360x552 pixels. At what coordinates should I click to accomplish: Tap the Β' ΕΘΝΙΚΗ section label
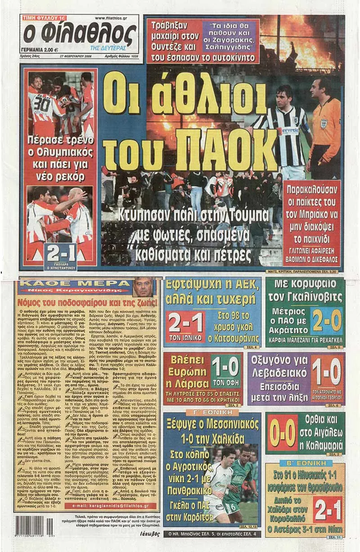click(306, 463)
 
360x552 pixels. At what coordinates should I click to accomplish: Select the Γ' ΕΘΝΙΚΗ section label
click(211, 412)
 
